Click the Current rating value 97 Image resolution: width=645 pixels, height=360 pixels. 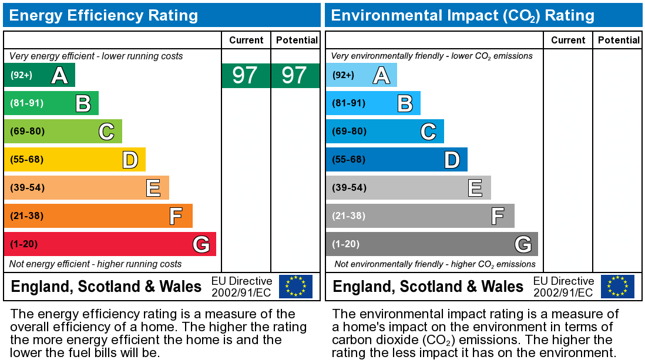[x=246, y=75]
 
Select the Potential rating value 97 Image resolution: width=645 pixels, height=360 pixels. [x=295, y=75]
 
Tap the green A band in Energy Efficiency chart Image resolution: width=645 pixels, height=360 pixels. [x=39, y=75]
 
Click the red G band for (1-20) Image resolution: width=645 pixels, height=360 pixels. [x=110, y=244]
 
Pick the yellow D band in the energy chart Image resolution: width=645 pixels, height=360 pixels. [x=75, y=159]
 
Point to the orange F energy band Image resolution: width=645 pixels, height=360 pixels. [x=98, y=216]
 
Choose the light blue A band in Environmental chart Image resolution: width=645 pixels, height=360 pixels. [x=361, y=75]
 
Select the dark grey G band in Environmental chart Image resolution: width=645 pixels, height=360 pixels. [x=432, y=244]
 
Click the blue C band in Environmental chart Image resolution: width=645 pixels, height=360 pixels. [x=385, y=131]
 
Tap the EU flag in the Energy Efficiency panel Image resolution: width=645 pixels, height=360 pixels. [x=295, y=286]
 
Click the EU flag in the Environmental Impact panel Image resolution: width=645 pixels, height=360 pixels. [x=617, y=286]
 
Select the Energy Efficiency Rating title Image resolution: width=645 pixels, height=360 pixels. [x=104, y=15]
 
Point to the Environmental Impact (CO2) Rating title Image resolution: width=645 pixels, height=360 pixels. [x=462, y=15]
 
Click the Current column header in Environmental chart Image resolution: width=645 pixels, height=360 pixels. [x=568, y=40]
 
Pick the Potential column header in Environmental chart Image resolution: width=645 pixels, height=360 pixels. [x=618, y=40]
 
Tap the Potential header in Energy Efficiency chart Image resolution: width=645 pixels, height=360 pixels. [x=296, y=40]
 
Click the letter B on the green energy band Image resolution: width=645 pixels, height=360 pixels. [x=83, y=103]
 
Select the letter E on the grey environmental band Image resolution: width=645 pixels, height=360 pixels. [x=475, y=188]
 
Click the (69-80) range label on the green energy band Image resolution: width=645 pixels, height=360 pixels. [x=27, y=131]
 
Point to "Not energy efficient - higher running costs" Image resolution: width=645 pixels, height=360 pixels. [x=96, y=264]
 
